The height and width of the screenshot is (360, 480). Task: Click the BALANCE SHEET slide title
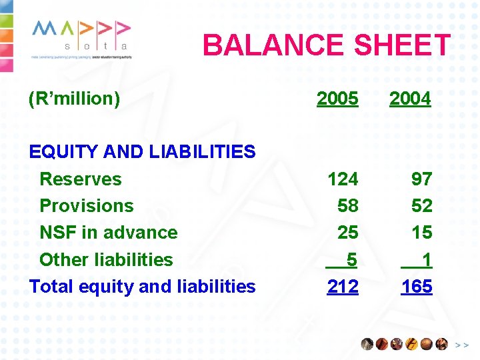tap(327, 45)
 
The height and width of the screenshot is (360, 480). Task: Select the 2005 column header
tap(337, 99)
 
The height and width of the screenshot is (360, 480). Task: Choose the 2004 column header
tap(410, 99)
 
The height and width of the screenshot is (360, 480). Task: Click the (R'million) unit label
tap(74, 99)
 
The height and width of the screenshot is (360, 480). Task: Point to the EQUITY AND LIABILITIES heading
tap(142, 152)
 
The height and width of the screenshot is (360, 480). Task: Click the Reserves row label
tap(81, 179)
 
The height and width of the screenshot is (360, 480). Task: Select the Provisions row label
tap(87, 205)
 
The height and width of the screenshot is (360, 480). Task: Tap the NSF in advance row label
tap(109, 233)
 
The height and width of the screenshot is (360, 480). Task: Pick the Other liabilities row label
tap(106, 259)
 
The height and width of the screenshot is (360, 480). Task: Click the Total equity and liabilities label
tap(142, 286)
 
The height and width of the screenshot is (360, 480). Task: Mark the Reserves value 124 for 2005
tap(343, 179)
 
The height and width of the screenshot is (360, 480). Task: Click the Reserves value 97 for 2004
tap(421, 179)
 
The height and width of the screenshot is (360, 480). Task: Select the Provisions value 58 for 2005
tap(347, 205)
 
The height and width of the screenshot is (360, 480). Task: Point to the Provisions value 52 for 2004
tap(421, 205)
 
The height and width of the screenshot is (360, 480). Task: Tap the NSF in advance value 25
tap(347, 233)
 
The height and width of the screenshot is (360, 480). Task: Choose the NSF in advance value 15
tap(421, 233)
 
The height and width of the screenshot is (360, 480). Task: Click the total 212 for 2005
tap(343, 287)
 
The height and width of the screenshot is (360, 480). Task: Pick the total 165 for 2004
tap(417, 287)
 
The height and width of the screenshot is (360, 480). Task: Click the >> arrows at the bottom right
tap(461, 345)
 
